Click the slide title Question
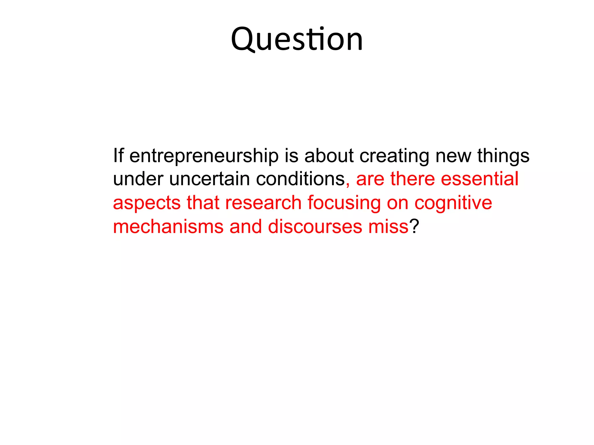(x=297, y=39)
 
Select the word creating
(x=394, y=156)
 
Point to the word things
(x=503, y=156)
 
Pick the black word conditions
(x=300, y=179)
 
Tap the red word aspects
(x=146, y=203)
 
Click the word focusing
(x=344, y=203)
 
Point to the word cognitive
(x=453, y=203)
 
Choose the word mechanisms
(x=168, y=226)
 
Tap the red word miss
(x=388, y=226)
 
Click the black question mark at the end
(x=414, y=226)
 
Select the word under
(x=138, y=179)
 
